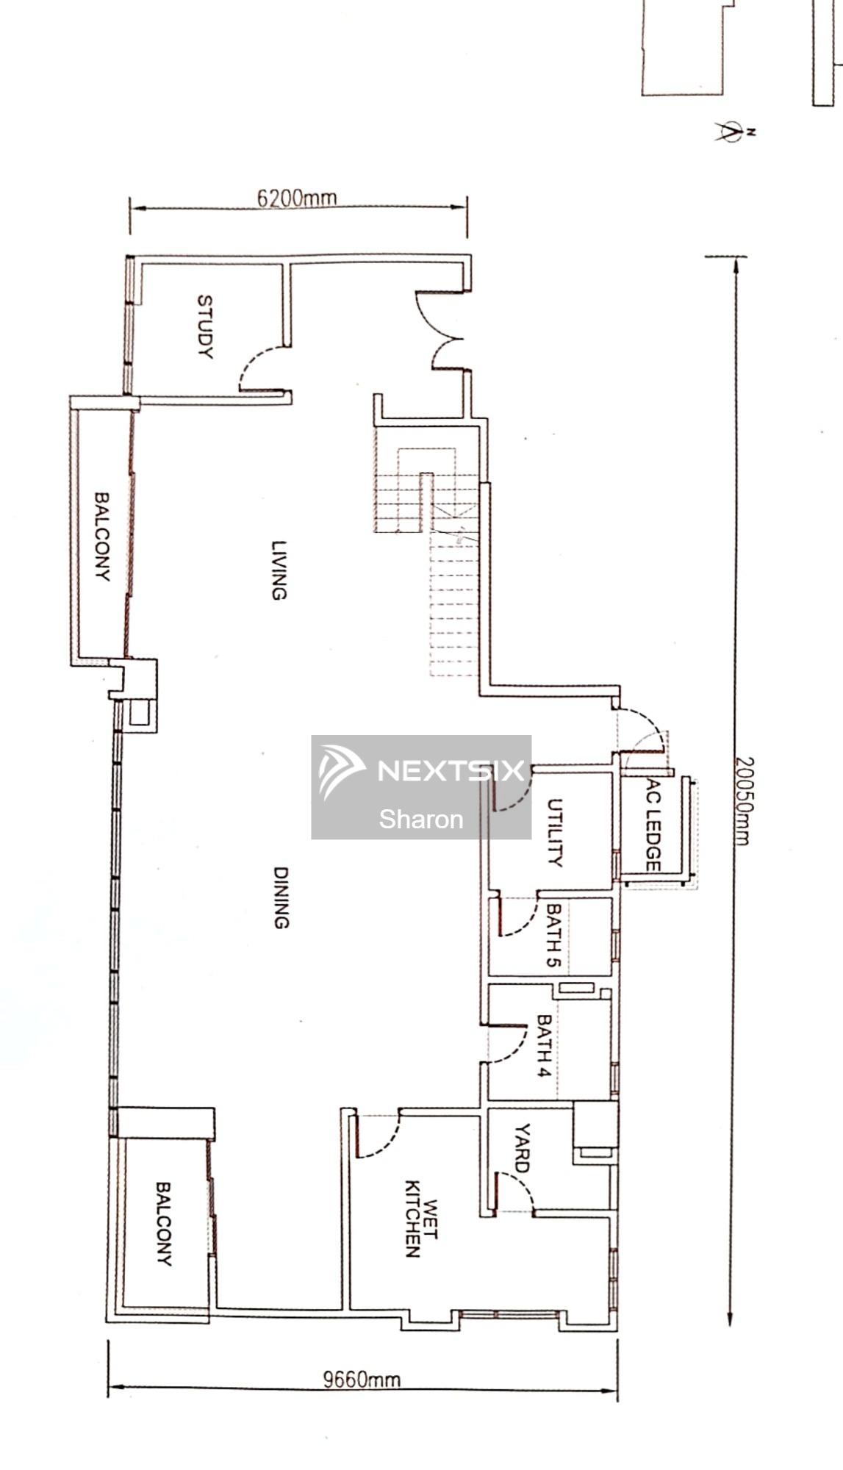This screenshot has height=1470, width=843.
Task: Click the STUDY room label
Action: [x=205, y=326]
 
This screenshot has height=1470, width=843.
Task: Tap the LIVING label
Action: [x=279, y=570]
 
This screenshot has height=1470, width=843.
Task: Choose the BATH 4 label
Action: [x=544, y=1046]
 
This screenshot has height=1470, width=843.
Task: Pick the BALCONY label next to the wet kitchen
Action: [x=163, y=1224]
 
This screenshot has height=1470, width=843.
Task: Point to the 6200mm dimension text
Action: [x=296, y=198]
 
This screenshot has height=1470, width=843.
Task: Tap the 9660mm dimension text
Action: [x=362, y=1379]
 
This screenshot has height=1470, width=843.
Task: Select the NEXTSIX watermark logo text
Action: [x=450, y=770]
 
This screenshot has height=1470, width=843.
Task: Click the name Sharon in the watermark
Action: [x=421, y=819]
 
